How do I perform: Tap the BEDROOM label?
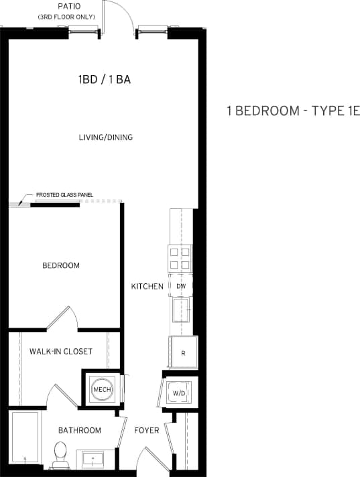pyautogui.click(x=61, y=265)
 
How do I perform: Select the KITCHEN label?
pyautogui.click(x=147, y=286)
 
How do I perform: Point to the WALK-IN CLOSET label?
pyautogui.click(x=60, y=351)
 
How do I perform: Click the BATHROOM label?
pyautogui.click(x=79, y=430)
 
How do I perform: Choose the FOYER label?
pyautogui.click(x=147, y=430)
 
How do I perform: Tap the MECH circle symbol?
pyautogui.click(x=102, y=389)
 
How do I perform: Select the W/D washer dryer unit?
pyautogui.click(x=179, y=393)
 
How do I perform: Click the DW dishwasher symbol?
pyautogui.click(x=181, y=286)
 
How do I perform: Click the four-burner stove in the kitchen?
pyautogui.click(x=180, y=258)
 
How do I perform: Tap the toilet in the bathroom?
pyautogui.click(x=60, y=455)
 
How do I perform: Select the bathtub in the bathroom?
pyautogui.click(x=25, y=439)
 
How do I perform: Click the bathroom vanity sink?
pyautogui.click(x=93, y=459)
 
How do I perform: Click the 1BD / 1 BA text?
pyautogui.click(x=104, y=80)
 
